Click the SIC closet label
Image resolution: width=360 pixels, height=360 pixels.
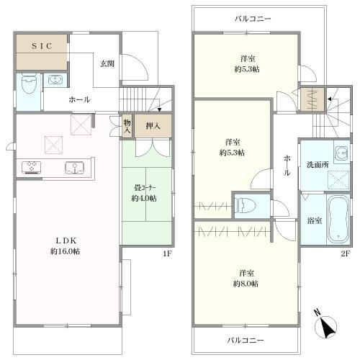click(42, 46)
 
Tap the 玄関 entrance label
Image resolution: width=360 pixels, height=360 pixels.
click(107, 64)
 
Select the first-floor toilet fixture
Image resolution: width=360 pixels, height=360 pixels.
click(29, 83)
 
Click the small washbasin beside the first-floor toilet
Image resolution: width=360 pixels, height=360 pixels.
click(55, 79)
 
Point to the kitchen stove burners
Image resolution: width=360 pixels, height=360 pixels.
click(31, 167)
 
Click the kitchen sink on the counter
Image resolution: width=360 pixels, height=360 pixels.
click(74, 168)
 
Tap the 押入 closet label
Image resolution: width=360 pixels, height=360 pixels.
click(153, 126)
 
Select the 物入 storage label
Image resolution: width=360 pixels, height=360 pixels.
click(127, 127)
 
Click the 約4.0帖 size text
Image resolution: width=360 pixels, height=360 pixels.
click(144, 198)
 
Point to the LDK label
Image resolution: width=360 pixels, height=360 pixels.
click(66, 240)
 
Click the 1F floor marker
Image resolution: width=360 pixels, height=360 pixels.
click(167, 253)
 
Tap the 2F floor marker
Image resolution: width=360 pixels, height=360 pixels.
click(346, 253)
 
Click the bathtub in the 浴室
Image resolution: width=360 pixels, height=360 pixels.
click(338, 220)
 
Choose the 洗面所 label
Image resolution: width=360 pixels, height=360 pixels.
click(318, 165)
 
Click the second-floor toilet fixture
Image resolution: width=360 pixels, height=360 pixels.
click(246, 206)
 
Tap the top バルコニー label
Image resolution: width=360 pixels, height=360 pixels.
click(253, 19)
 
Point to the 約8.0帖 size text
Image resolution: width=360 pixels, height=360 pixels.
click(246, 284)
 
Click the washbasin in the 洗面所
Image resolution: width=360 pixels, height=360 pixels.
click(342, 152)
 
